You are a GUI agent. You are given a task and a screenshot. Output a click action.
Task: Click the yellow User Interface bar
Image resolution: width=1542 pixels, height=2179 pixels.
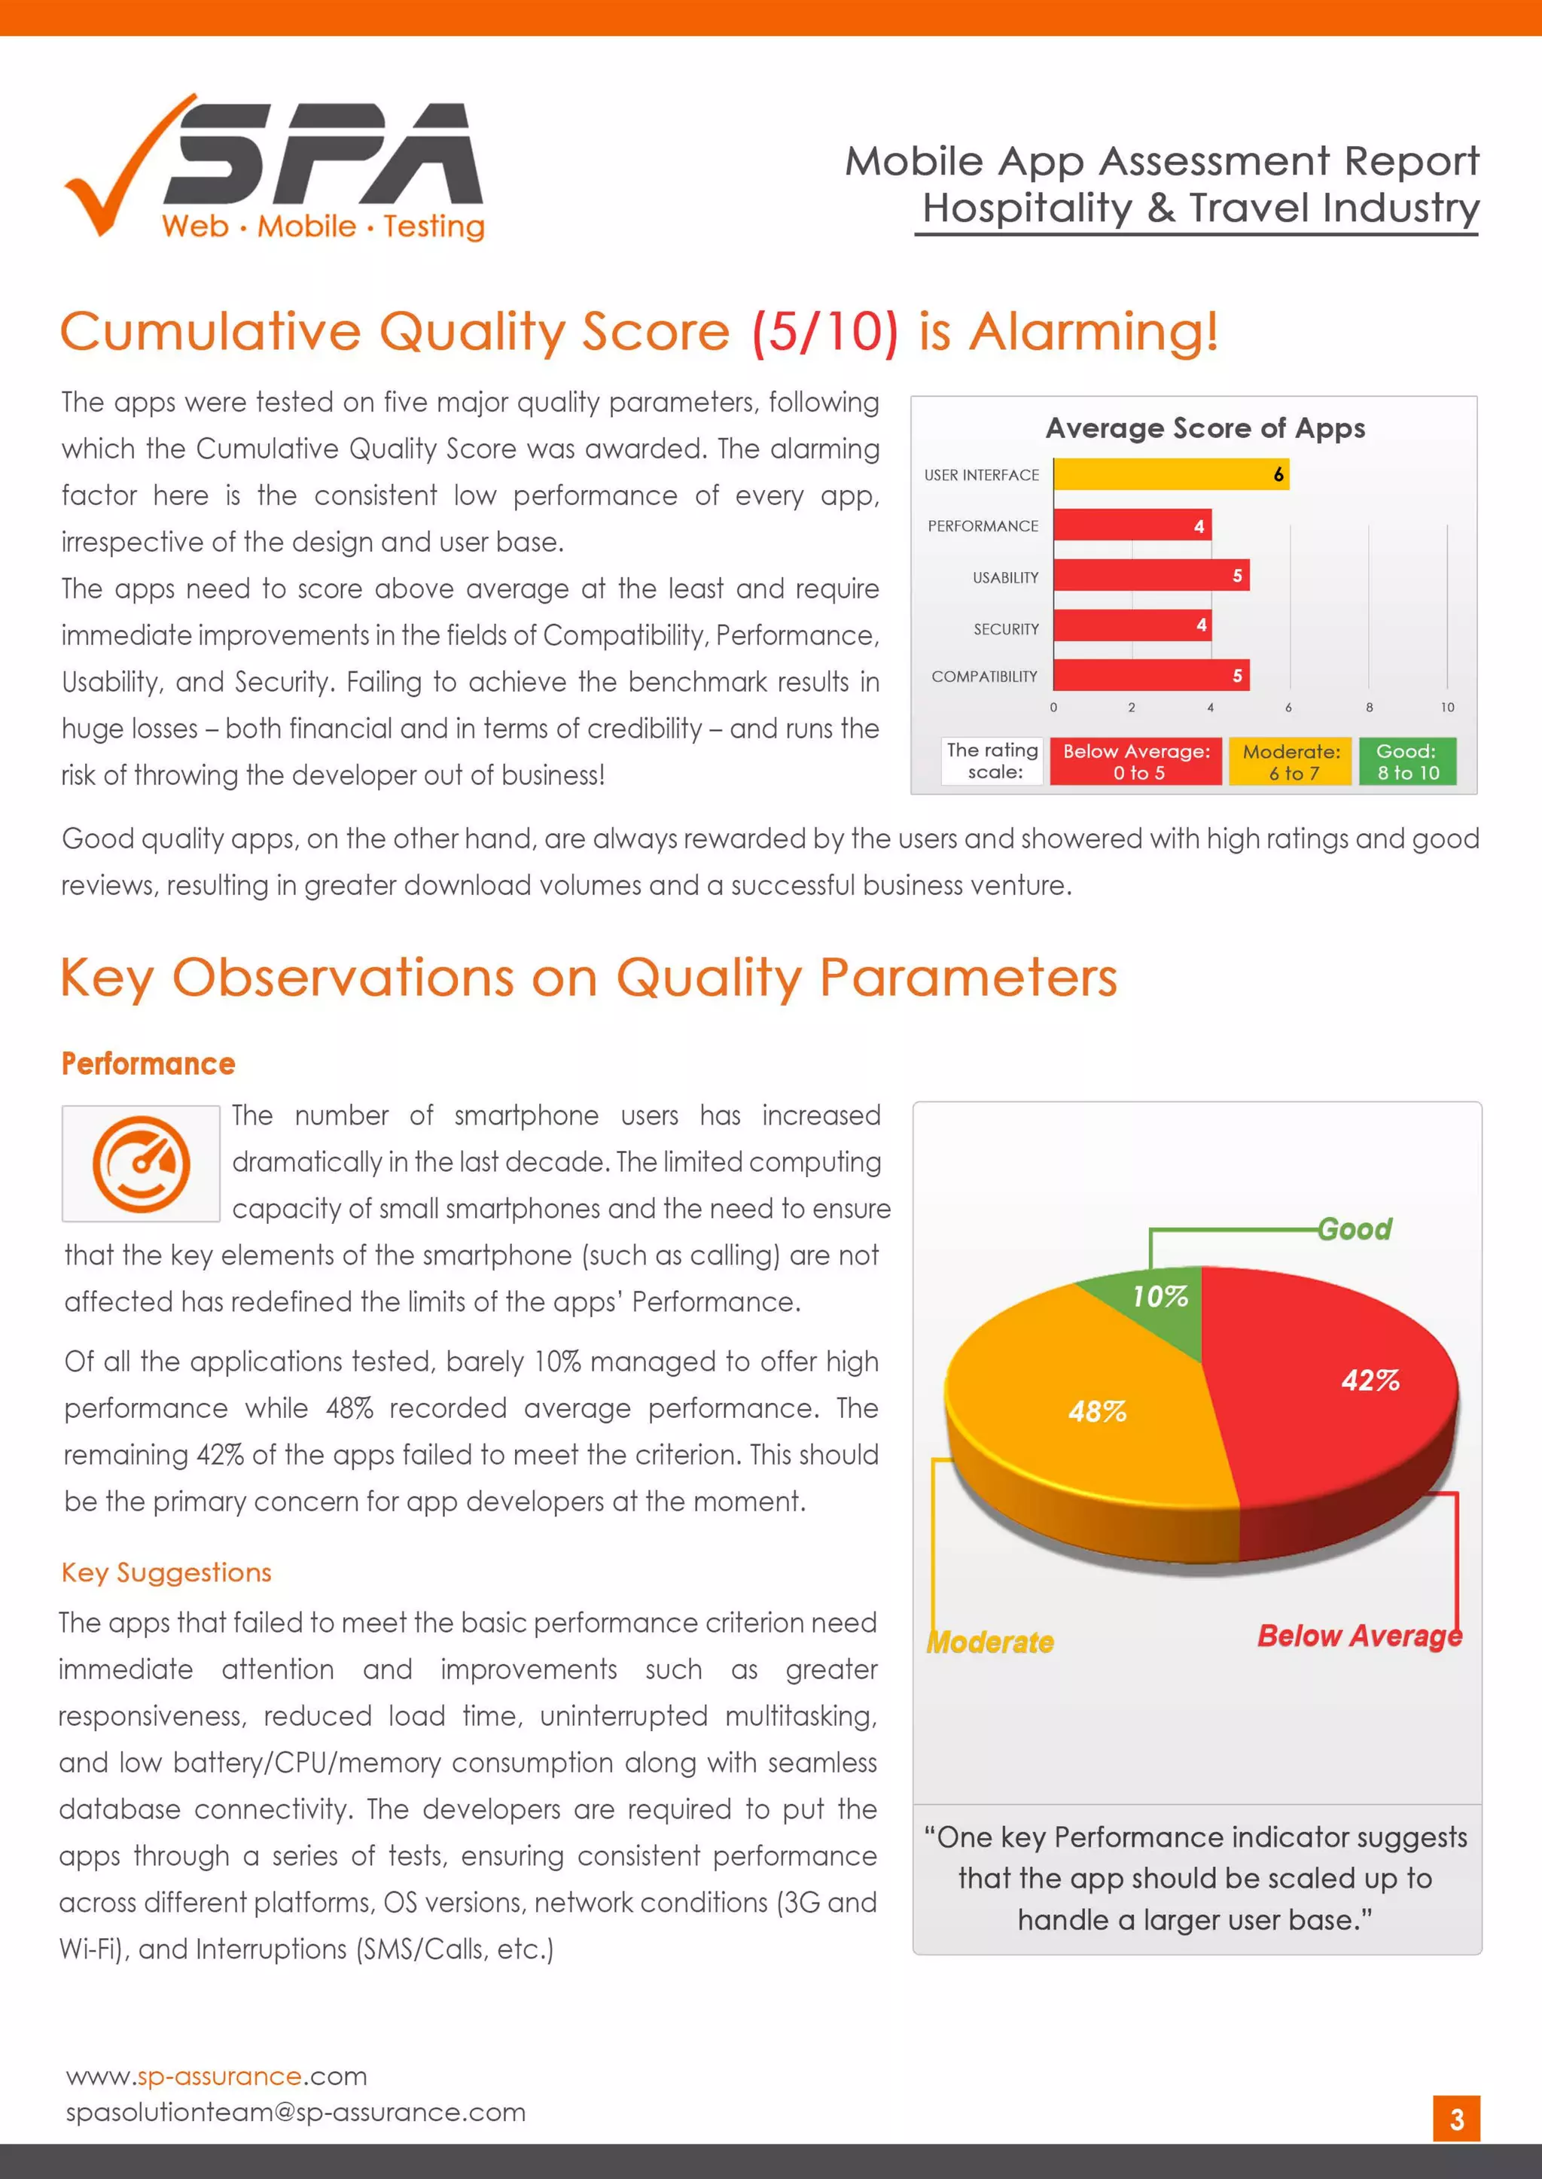pyautogui.click(x=1170, y=473)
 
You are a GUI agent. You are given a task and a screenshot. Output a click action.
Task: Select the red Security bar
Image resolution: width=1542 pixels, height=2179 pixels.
pyautogui.click(x=1132, y=625)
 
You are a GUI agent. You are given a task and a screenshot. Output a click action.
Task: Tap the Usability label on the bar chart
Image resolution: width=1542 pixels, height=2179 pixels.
pyautogui.click(x=1004, y=577)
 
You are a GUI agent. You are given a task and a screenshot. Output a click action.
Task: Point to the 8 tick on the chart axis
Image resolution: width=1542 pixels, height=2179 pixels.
pyautogui.click(x=1368, y=707)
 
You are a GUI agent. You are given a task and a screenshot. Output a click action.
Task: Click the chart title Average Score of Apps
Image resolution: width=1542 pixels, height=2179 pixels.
pyautogui.click(x=1205, y=428)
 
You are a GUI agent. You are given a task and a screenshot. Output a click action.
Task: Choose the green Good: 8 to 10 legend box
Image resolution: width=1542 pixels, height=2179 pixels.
pyautogui.click(x=1407, y=761)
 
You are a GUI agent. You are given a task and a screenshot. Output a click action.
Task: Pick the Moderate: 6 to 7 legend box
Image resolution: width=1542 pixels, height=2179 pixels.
pyautogui.click(x=1291, y=761)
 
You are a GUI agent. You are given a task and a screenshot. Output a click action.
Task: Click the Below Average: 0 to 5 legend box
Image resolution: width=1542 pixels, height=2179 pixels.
pyautogui.click(x=1135, y=761)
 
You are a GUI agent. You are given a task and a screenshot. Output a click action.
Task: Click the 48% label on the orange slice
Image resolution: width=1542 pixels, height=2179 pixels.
pyautogui.click(x=1097, y=1411)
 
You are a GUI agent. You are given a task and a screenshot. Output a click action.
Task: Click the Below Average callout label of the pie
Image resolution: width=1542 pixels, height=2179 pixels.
pyautogui.click(x=1359, y=1636)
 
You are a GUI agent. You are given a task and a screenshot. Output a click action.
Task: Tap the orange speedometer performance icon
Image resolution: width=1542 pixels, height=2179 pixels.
pyautogui.click(x=141, y=1164)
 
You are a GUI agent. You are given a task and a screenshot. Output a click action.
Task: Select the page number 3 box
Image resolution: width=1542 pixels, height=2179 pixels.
pyautogui.click(x=1455, y=2120)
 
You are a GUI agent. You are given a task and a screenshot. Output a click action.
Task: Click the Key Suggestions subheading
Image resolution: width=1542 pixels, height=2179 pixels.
pyautogui.click(x=166, y=1572)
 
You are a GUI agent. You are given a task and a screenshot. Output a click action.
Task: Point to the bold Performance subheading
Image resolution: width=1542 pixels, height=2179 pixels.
pyautogui.click(x=148, y=1064)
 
